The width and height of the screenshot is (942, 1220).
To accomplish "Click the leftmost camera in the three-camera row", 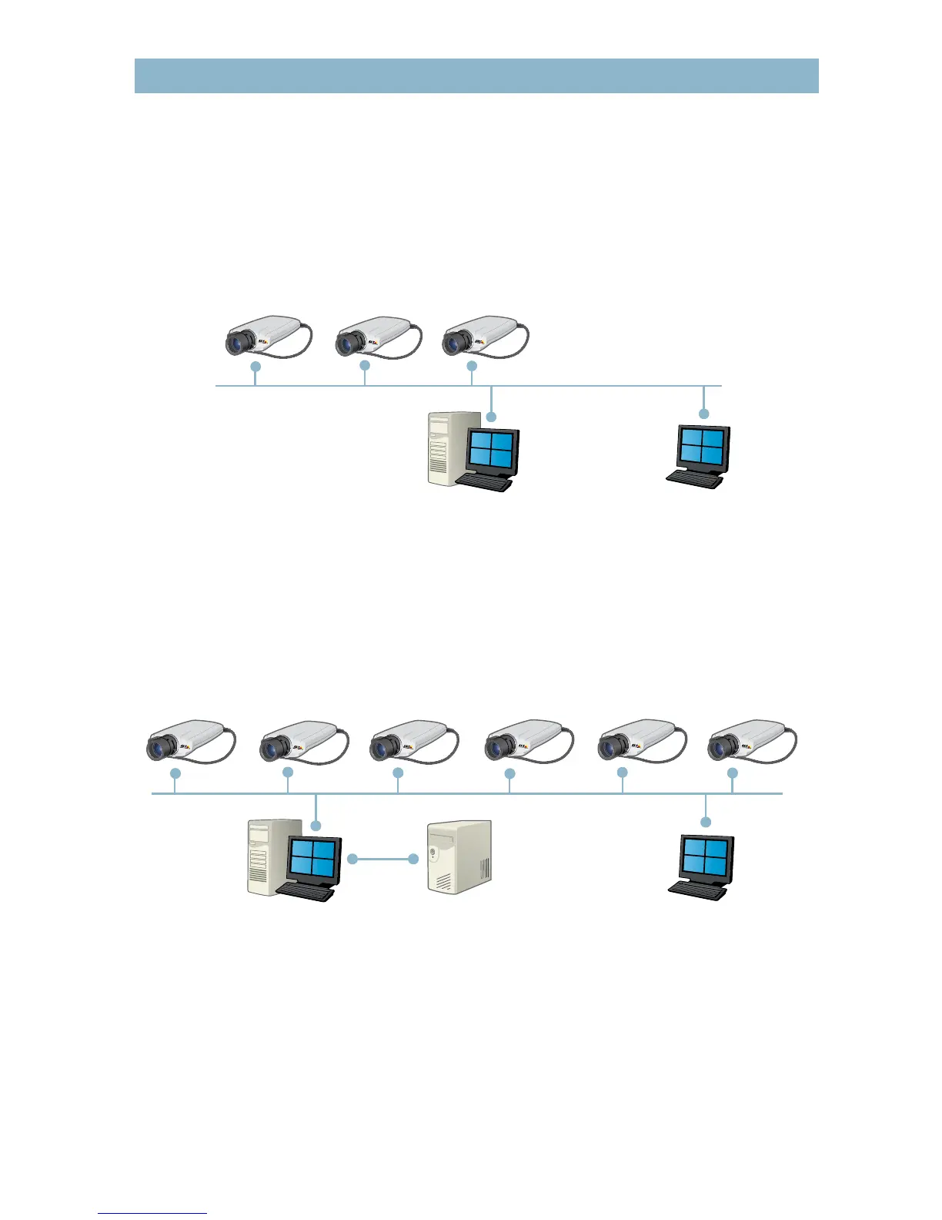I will pyautogui.click(x=266, y=336).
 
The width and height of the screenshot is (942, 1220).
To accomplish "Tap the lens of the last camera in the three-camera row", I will pyautogui.click(x=457, y=342).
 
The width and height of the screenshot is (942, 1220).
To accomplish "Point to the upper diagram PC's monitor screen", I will pyautogui.click(x=491, y=450).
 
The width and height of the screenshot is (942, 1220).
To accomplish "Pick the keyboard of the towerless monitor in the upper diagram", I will pyautogui.click(x=694, y=478).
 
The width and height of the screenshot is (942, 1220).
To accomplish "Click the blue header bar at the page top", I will pyautogui.click(x=476, y=75).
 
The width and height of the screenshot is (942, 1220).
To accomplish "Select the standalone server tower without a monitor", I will pyautogui.click(x=459, y=857).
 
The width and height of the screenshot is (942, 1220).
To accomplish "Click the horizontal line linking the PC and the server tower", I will pyautogui.click(x=382, y=858).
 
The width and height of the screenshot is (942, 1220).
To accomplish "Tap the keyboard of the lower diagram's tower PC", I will pyautogui.click(x=305, y=892).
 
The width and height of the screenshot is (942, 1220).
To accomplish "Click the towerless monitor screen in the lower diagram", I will pyautogui.click(x=706, y=857).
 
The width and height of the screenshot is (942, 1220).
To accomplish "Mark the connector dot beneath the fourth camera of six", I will pyautogui.click(x=509, y=773).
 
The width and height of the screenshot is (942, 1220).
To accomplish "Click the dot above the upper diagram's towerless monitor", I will pyautogui.click(x=703, y=414).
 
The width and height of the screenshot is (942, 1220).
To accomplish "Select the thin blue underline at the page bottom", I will pyautogui.click(x=152, y=1213).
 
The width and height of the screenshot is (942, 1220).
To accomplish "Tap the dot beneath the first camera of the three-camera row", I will pyautogui.click(x=256, y=367).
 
